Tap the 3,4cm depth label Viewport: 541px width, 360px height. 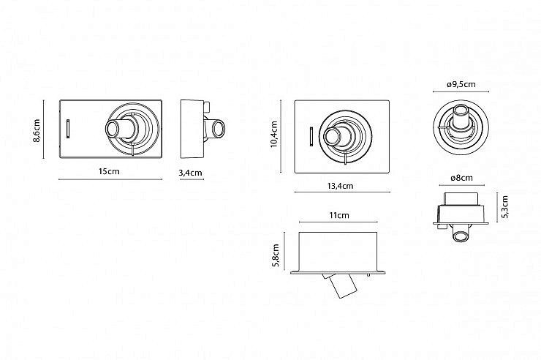(x=190, y=173)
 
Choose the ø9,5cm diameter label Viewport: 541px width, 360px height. (x=460, y=85)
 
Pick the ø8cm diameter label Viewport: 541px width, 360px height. (x=461, y=178)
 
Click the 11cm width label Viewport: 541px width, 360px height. (x=338, y=216)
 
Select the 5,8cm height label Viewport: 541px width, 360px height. (x=276, y=255)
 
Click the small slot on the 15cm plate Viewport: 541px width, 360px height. (x=69, y=128)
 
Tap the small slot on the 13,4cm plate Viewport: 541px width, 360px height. (x=311, y=136)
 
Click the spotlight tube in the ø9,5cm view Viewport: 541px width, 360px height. (x=461, y=117)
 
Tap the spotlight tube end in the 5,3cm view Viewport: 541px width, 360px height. (x=460, y=235)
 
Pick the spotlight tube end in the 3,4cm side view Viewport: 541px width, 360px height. (x=217, y=130)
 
